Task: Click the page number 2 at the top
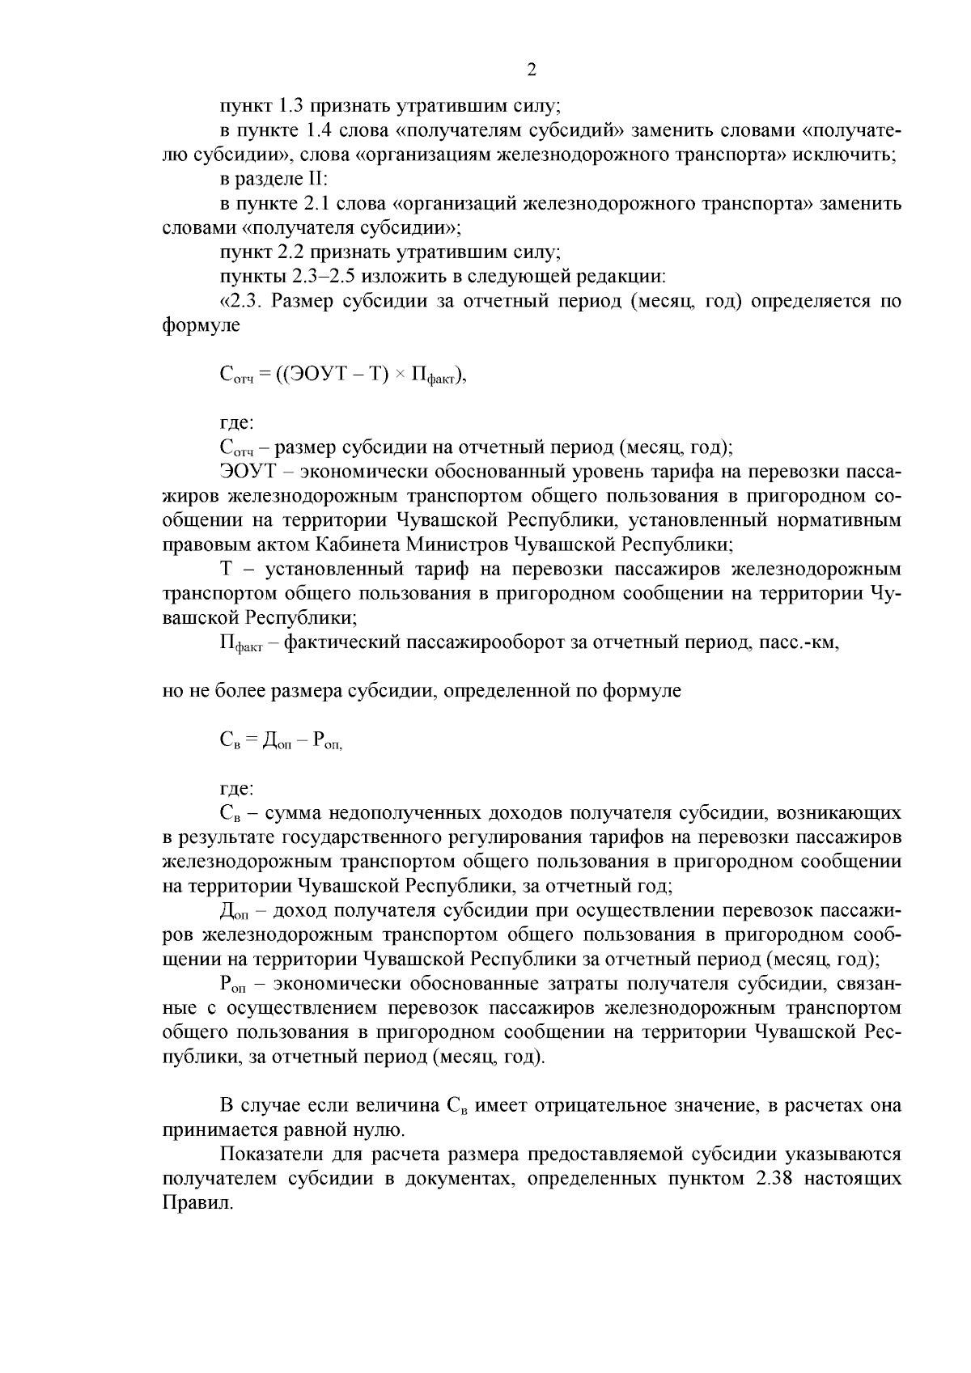(x=532, y=70)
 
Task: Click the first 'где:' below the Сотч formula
(x=237, y=422)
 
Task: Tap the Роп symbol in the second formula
(x=327, y=740)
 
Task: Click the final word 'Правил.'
(x=197, y=1203)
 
